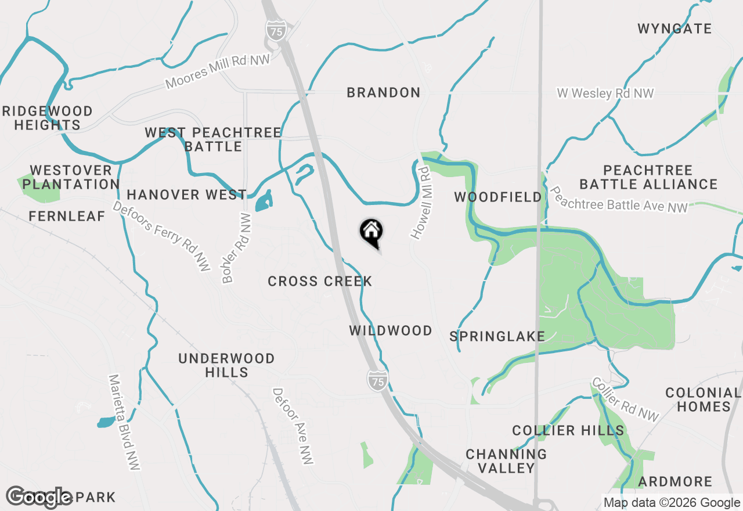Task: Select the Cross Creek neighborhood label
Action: click(320, 282)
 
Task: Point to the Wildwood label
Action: click(391, 330)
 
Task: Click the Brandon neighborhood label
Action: click(383, 92)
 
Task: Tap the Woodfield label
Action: click(497, 197)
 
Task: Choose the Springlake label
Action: click(497, 336)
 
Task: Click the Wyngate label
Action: click(675, 28)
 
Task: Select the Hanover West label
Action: click(186, 194)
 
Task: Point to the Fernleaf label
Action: click(67, 216)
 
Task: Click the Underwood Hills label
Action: click(226, 365)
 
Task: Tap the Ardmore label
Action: click(675, 481)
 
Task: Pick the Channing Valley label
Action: click(506, 460)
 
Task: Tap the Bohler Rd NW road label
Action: click(237, 248)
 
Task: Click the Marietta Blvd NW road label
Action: click(124, 422)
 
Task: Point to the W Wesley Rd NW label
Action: click(605, 93)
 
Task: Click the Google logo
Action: click(39, 496)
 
